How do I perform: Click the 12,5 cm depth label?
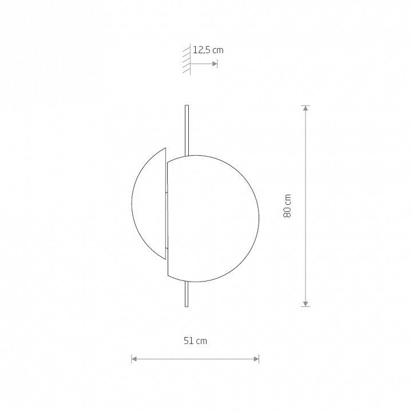(208, 50)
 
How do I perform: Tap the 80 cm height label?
(287, 206)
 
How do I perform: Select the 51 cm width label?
(195, 341)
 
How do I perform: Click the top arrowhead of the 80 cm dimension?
(306, 108)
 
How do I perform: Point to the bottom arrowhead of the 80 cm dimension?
(306, 304)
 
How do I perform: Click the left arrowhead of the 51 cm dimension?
(134, 359)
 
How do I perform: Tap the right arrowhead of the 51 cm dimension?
(256, 359)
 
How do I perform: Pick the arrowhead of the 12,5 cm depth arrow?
(215, 64)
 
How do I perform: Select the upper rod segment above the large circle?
(187, 130)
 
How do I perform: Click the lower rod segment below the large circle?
(187, 294)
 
